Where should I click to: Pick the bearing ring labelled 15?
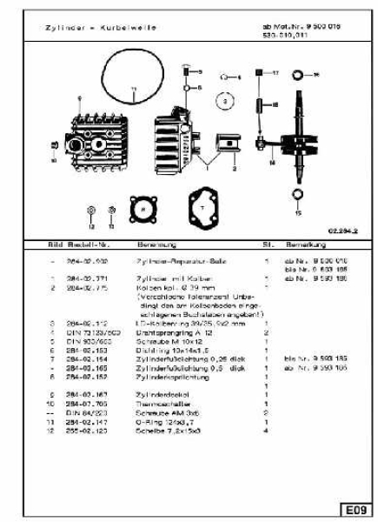pyautogui.click(x=299, y=192)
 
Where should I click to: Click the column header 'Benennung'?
pyautogui.click(x=145, y=245)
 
